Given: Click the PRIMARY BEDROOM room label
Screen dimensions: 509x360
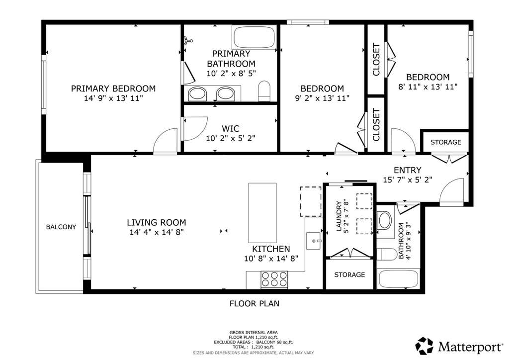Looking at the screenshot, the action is click(x=113, y=89).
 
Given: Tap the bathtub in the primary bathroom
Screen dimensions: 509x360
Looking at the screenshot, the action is click(x=254, y=37).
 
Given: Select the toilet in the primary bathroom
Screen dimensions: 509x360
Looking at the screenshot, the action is click(x=264, y=91).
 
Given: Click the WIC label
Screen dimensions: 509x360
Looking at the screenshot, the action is click(x=231, y=129).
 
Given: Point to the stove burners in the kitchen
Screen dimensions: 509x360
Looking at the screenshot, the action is click(x=274, y=279).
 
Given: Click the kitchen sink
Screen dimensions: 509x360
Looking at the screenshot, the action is click(x=314, y=241).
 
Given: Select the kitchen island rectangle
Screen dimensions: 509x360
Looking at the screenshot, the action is click(x=262, y=213).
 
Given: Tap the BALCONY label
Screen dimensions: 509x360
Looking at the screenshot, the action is click(x=61, y=227).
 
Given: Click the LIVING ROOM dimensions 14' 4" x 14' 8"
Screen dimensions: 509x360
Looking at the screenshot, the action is click(x=157, y=232).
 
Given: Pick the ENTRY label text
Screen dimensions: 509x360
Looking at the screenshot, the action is click(x=408, y=170).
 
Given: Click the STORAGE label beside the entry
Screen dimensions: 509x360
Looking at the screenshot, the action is click(x=446, y=142).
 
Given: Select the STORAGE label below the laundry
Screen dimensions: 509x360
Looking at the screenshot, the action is click(x=349, y=274).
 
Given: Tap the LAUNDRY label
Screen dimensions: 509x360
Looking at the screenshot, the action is click(x=339, y=216).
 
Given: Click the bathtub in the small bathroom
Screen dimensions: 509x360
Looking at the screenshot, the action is click(x=398, y=279).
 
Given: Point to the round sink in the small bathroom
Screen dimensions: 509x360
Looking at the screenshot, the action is click(x=385, y=220).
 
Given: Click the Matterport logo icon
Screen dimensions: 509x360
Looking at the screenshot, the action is click(x=424, y=346).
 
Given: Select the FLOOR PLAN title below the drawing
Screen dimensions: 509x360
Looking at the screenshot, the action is click(x=254, y=303).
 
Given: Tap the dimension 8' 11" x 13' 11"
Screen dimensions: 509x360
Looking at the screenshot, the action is click(x=428, y=87).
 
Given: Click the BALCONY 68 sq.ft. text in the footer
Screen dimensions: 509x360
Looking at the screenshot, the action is click(x=274, y=342).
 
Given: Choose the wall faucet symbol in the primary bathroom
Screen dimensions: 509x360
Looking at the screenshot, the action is click(x=188, y=41).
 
